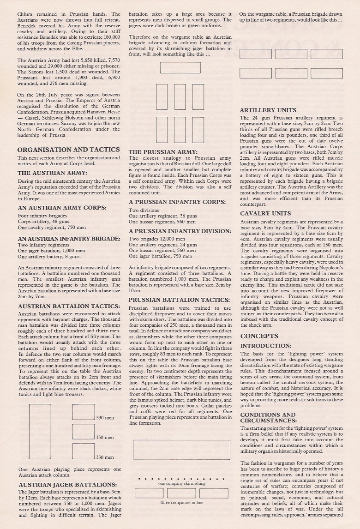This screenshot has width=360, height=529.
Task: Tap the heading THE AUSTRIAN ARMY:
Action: tap(52, 173)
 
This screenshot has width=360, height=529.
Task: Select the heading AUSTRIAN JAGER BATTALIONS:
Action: tap(67, 485)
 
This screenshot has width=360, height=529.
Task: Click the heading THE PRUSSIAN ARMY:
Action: tap(163, 152)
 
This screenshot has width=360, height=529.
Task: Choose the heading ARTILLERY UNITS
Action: tap(268, 110)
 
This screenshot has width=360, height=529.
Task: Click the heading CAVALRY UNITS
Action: tap(265, 213)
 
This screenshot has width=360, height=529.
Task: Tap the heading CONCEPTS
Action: tap(259, 336)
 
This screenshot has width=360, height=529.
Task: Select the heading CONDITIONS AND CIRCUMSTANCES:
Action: tap(268, 418)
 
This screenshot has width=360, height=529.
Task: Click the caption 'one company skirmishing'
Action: tap(181, 484)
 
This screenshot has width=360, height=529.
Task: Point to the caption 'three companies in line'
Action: tap(181, 502)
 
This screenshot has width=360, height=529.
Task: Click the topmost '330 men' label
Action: tap(105, 418)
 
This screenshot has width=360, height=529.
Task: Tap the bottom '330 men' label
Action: tap(105, 457)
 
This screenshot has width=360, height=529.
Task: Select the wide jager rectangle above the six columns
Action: tap(180, 68)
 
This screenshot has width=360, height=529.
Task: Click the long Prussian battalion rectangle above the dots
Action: tap(181, 450)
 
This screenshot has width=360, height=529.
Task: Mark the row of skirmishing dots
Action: tap(181, 479)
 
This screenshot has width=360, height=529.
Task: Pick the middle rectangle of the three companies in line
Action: tap(181, 493)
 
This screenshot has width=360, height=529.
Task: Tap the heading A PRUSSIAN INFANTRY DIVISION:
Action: tap(180, 231)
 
